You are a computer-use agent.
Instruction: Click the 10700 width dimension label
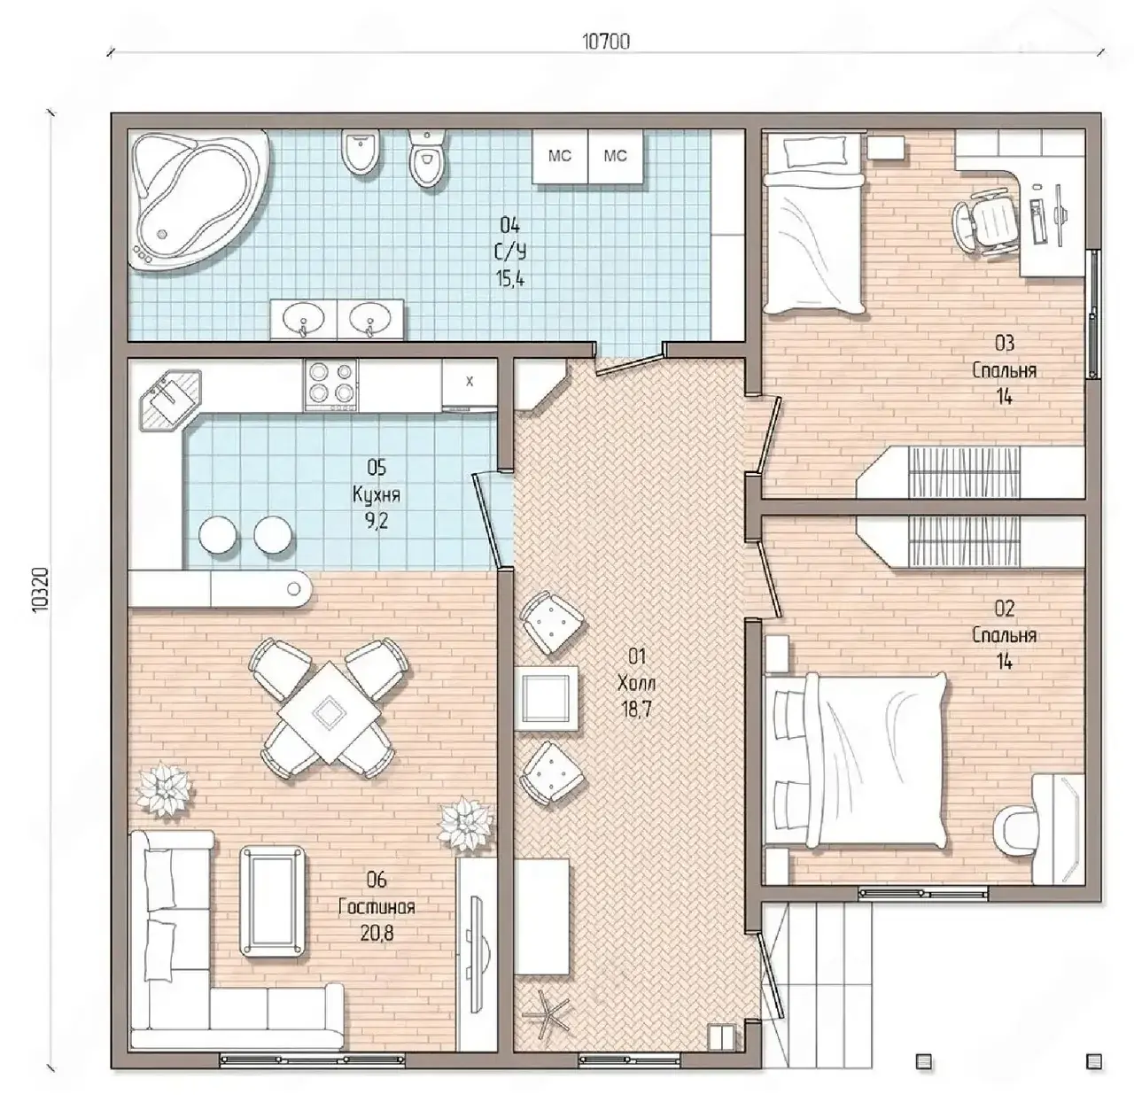pyautogui.click(x=605, y=42)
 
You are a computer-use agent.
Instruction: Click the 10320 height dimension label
pyautogui.click(x=41, y=590)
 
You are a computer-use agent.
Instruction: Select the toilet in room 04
pyautogui.click(x=427, y=158)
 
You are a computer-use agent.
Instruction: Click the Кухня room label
pyautogui.click(x=376, y=495)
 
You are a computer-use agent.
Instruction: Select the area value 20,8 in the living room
pyautogui.click(x=377, y=934)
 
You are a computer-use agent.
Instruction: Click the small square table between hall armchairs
pyautogui.click(x=546, y=698)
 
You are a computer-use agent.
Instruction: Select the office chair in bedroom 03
pyautogui.click(x=987, y=220)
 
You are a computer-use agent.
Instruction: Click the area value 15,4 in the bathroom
pyautogui.click(x=510, y=279)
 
